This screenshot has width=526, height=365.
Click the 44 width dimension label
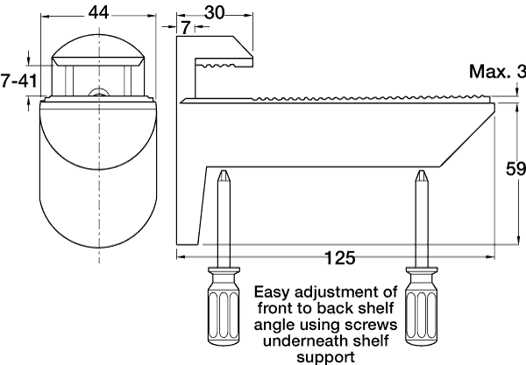click(98, 13)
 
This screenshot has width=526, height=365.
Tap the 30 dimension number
click(214, 13)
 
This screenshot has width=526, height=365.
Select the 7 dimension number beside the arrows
click(186, 27)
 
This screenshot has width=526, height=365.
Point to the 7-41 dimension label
click(18, 81)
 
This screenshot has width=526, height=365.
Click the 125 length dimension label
click(340, 258)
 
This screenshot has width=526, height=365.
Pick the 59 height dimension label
click(516, 169)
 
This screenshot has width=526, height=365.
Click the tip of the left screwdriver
click(223, 171)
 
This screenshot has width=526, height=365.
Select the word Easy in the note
click(272, 292)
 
